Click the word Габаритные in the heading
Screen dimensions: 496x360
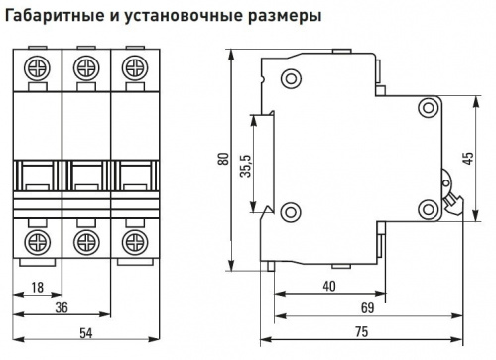55,16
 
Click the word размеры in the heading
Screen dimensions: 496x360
285,17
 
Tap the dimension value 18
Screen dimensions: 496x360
38,287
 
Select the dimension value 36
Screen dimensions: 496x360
62,307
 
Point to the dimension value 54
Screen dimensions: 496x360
86,333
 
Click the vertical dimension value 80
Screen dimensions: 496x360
224,159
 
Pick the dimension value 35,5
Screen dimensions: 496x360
247,166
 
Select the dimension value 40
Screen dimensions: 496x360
329,286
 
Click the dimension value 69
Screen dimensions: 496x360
367,308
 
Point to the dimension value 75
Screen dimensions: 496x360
361,331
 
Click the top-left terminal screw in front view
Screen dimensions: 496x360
37,68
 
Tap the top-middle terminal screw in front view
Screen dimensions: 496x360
86,68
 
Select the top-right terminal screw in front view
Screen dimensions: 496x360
135,68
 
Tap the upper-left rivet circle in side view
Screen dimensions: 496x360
291,78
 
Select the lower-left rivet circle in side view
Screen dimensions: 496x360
291,212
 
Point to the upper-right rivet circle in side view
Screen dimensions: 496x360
429,108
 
